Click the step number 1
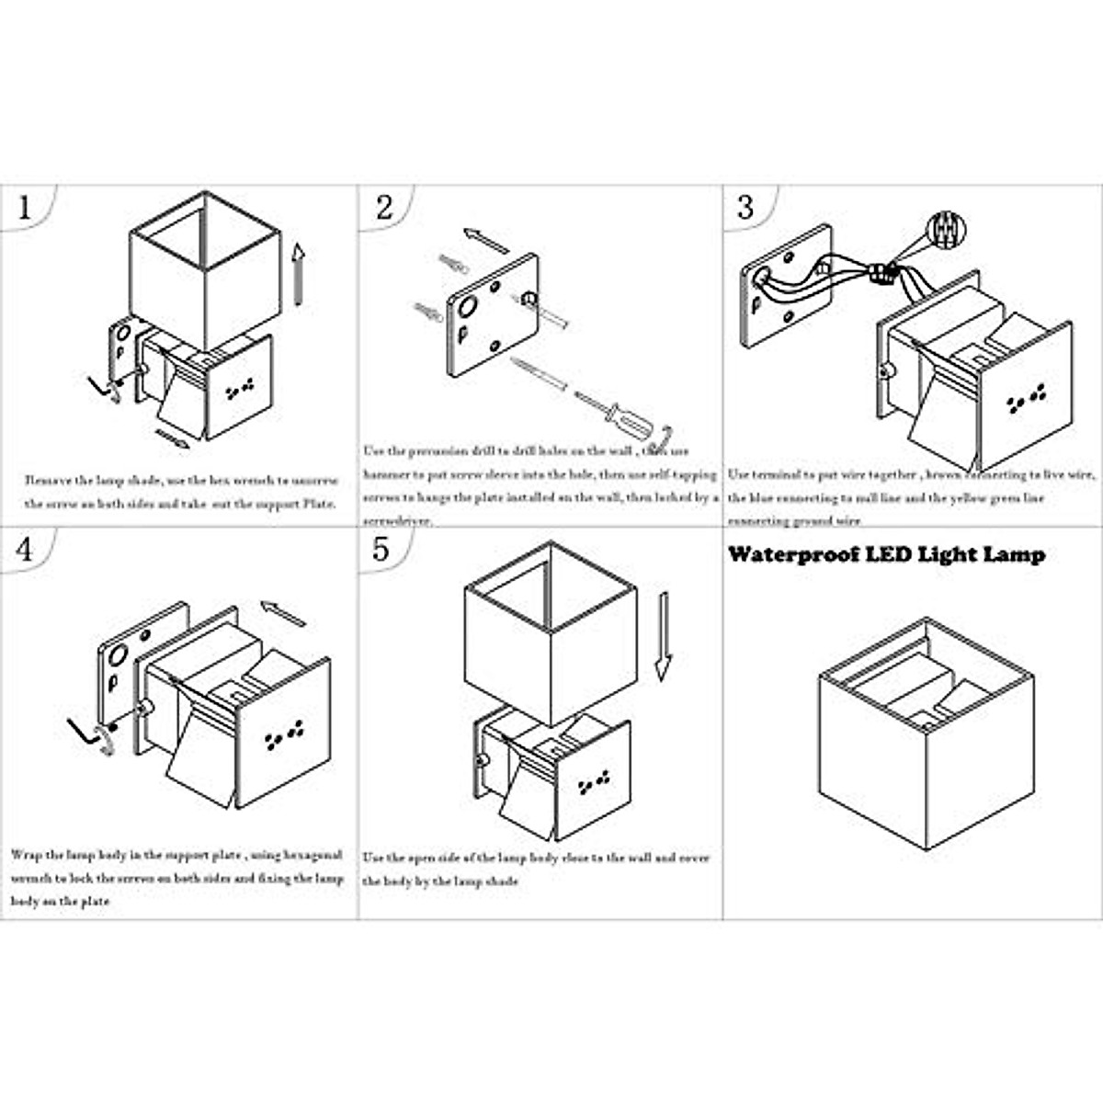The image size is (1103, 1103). (25, 208)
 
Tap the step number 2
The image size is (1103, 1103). (384, 208)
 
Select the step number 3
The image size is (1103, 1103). (745, 208)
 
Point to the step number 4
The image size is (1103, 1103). (25, 550)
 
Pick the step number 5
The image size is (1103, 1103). (381, 550)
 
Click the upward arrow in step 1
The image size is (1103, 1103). (298, 274)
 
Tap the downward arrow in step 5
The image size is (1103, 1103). (663, 635)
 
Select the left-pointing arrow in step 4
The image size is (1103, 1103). (283, 612)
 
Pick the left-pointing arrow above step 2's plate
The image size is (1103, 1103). (485, 240)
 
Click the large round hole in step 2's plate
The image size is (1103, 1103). (466, 307)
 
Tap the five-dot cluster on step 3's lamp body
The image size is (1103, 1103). (1026, 397)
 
